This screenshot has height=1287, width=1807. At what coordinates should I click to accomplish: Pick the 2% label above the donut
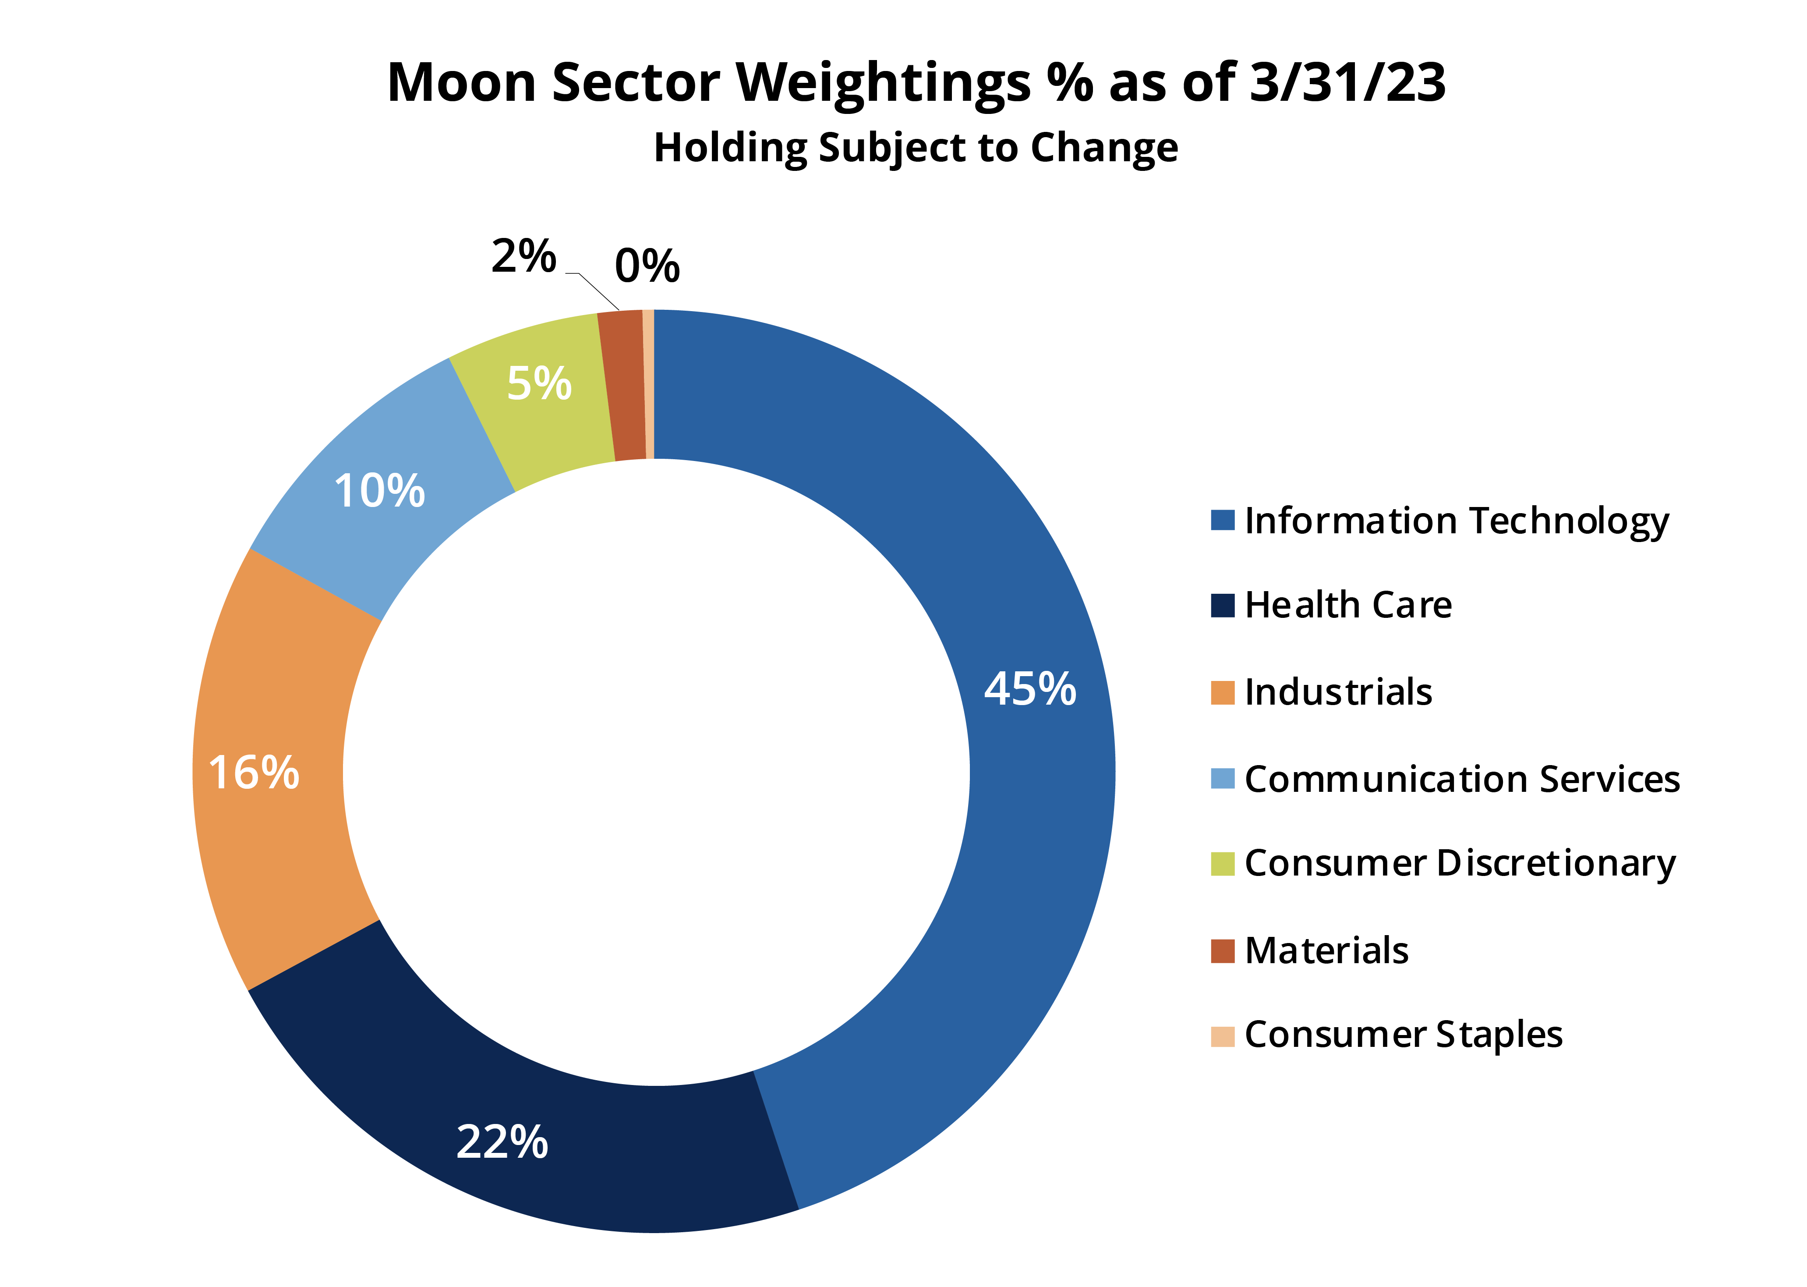tap(523, 256)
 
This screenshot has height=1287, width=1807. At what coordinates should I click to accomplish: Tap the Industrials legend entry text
tap(1338, 692)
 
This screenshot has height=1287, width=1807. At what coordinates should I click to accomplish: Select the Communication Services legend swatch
tap(1222, 778)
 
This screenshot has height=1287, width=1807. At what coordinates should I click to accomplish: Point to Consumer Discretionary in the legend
tap(1459, 863)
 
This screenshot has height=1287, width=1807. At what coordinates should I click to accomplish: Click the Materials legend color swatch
tap(1222, 950)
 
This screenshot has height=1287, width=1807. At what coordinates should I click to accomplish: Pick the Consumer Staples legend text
tap(1403, 1034)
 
